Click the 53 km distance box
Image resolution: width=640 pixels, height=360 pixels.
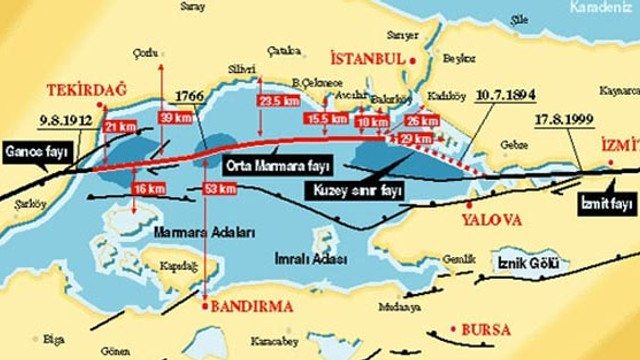(212, 189)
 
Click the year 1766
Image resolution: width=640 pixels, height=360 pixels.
(191, 96)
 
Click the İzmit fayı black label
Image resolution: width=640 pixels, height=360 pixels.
(608, 205)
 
